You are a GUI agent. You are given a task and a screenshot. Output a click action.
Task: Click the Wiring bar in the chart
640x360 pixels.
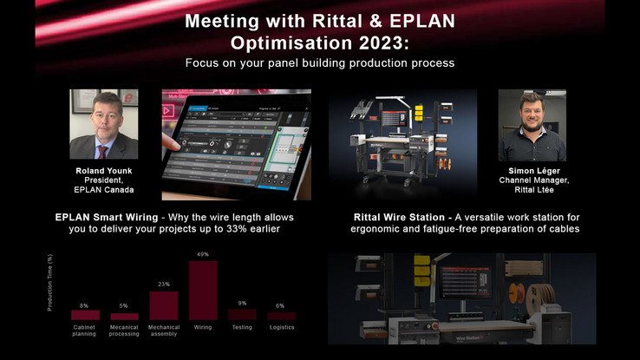[203, 291]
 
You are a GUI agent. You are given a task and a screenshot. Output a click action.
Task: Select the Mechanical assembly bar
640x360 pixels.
[164, 305]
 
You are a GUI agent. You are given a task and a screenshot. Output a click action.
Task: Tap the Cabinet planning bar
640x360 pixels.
[85, 315]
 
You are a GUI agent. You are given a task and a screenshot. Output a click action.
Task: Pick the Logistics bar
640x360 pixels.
[282, 316]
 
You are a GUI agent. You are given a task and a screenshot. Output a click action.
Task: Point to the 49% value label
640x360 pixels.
[203, 254]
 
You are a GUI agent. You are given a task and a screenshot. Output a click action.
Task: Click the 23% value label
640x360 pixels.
[164, 284]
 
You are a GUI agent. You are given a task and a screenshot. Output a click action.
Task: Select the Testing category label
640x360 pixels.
[242, 327]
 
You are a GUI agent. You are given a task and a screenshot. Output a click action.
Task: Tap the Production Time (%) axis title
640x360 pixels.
[49, 283]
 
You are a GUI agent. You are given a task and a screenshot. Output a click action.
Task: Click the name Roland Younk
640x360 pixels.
[104, 171]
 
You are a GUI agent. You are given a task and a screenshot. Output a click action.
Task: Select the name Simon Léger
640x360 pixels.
[534, 171]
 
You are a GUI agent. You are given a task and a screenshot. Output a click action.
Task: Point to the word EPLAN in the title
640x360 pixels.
[422, 21]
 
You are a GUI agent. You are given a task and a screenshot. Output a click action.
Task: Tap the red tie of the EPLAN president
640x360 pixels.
[101, 152]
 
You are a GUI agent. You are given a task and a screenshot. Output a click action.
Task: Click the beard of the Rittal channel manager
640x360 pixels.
[532, 125]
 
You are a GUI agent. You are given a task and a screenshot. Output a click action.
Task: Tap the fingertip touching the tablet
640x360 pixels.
[173, 143]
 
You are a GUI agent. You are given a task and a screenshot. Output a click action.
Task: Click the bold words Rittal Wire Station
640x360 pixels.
[399, 217]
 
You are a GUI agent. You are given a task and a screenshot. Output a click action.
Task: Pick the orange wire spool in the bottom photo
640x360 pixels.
[517, 293]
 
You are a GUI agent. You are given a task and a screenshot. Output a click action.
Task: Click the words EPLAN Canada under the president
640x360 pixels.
[104, 190]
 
